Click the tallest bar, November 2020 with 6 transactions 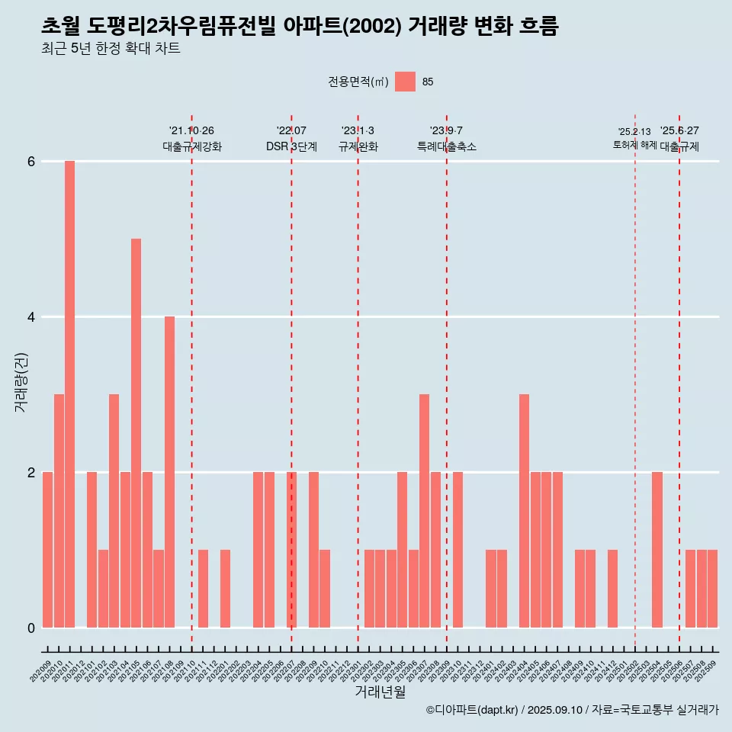69,393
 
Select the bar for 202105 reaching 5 136,432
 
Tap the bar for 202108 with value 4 169,471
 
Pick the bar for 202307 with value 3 424,510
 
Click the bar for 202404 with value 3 524,510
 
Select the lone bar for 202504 657,549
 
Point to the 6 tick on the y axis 31,162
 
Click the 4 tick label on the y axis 31,317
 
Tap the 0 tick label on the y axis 31,628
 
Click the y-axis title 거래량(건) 21,382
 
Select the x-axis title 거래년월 380,692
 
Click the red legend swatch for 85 405,82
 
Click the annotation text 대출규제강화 191,147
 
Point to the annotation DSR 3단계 291,147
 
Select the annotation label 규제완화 358,147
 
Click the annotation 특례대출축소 446,147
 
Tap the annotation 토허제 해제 634,145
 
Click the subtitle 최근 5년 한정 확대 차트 111,50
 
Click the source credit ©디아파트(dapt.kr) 472,710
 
